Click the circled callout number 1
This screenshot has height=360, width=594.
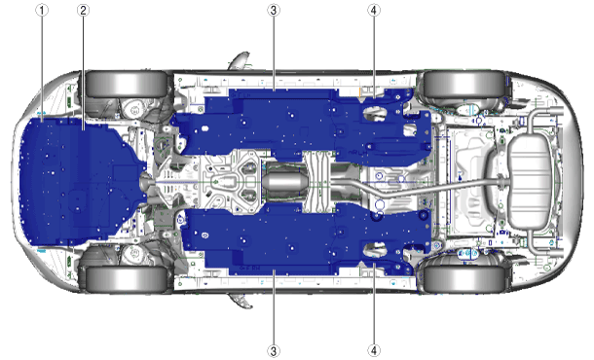[42, 10]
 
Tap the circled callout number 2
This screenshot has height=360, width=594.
[84, 10]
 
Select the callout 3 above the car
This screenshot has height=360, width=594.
[274, 10]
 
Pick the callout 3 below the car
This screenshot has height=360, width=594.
[274, 350]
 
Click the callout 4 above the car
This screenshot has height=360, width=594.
[374, 10]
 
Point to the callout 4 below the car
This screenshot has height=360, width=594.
[374, 350]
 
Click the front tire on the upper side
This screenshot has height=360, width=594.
[127, 84]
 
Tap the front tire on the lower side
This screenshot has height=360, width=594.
[127, 279]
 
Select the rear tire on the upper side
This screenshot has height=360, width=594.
[464, 84]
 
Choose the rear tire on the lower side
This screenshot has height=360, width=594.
[464, 279]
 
